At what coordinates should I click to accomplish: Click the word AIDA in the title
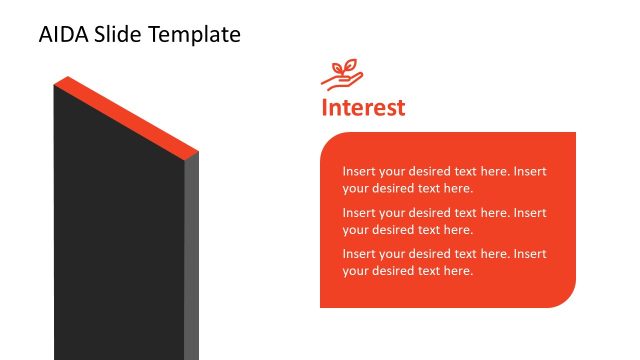(x=63, y=35)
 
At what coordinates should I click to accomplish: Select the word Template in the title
(x=194, y=35)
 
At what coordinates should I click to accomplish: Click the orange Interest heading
(x=363, y=107)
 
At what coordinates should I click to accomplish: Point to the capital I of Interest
(x=325, y=107)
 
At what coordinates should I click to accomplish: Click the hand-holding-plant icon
(x=342, y=75)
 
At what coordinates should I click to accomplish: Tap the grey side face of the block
(x=191, y=260)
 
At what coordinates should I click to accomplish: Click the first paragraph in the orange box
(x=444, y=179)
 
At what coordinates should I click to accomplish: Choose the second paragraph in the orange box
(x=444, y=221)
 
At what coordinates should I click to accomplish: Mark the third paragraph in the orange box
(x=444, y=262)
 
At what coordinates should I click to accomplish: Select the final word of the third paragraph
(x=457, y=271)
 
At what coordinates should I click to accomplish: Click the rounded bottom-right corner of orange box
(x=566, y=298)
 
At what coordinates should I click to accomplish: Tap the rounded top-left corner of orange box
(x=329, y=141)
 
